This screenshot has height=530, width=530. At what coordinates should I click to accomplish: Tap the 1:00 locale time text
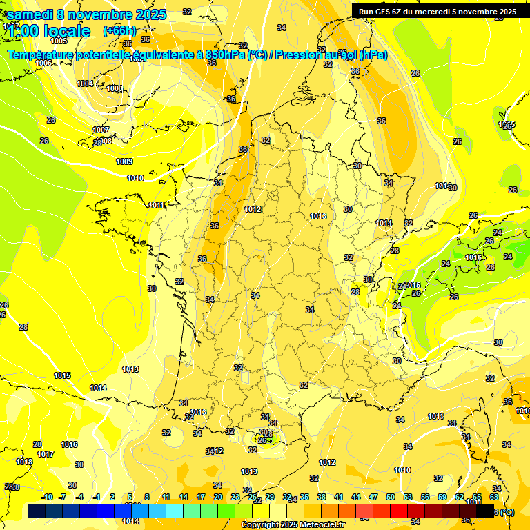[x=50, y=31]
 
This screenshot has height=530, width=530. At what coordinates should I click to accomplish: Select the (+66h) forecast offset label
[x=119, y=30]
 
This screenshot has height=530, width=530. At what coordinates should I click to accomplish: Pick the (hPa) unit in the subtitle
[x=373, y=55]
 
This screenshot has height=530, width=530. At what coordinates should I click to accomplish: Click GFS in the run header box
[x=387, y=12]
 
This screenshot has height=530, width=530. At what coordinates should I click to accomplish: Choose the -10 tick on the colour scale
[x=48, y=497]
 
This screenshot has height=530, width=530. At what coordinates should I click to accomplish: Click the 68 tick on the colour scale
[x=494, y=497]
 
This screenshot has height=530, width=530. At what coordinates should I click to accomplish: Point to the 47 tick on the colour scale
[x=373, y=497]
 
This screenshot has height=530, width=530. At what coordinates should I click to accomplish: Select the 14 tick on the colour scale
[x=184, y=497]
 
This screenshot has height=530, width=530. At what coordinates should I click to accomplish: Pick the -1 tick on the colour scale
[x=97, y=497]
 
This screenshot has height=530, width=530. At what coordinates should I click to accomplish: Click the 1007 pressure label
[x=101, y=130]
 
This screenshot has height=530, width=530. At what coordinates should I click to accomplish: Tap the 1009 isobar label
[x=124, y=161]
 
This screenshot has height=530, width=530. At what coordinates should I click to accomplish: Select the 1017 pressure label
[x=46, y=454]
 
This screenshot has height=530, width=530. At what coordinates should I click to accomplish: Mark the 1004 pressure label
[x=85, y=84]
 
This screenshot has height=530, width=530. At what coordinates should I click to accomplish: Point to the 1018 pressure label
[x=24, y=462]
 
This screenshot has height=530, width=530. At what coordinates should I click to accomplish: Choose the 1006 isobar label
[x=43, y=63]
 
